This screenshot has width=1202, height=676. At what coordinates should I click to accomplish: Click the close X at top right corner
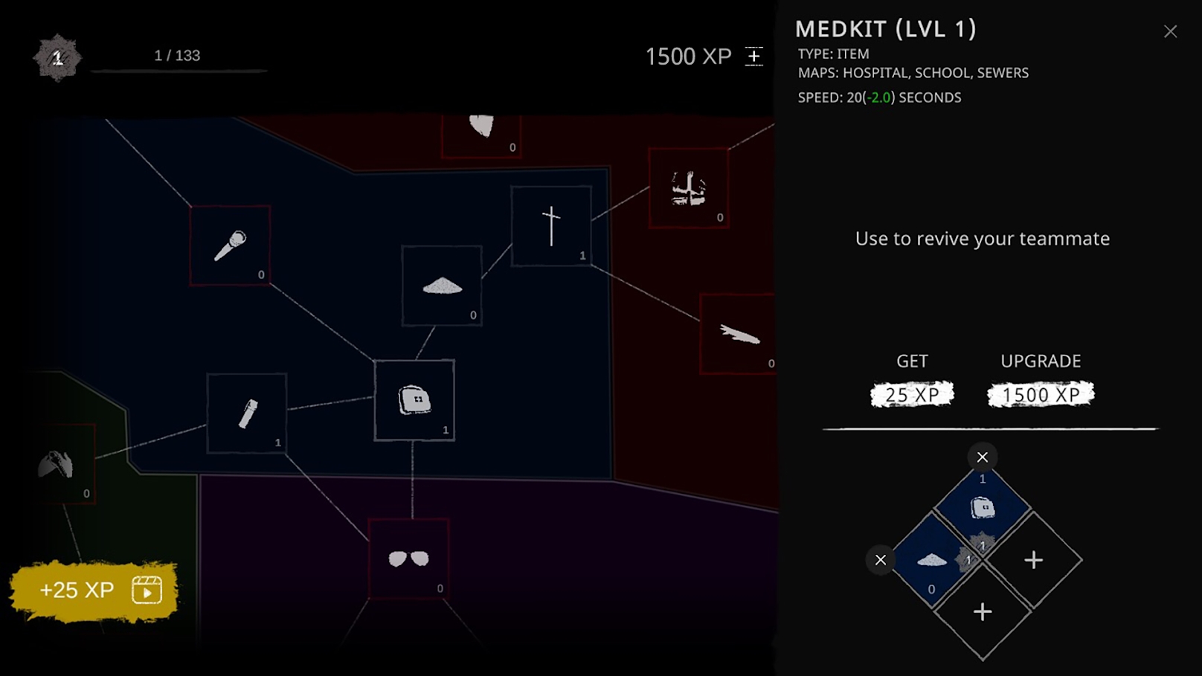click(1170, 31)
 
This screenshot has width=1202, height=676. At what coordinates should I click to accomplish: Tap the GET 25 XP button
click(912, 395)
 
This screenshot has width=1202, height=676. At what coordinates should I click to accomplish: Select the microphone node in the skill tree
click(230, 245)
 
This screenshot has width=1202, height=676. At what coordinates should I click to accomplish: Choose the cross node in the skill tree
click(551, 226)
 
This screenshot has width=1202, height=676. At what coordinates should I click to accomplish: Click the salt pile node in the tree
click(442, 286)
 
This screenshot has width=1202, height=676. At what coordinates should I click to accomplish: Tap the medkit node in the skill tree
click(414, 400)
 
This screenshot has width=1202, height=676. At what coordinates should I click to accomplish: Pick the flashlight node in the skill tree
click(247, 413)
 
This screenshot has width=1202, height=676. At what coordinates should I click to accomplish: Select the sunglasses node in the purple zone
click(408, 558)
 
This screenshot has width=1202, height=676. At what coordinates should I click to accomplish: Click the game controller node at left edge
click(57, 466)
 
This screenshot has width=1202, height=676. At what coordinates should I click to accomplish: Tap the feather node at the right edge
click(739, 334)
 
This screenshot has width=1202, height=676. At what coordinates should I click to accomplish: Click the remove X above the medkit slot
click(982, 457)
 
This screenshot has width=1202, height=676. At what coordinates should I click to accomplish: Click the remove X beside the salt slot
click(881, 560)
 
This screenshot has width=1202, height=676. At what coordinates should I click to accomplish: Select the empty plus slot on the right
click(1033, 560)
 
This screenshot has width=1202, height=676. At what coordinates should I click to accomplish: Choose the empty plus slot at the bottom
click(983, 611)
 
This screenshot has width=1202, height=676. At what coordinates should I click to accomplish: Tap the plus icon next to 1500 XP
click(753, 57)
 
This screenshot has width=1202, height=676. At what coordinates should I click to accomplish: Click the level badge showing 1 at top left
click(57, 57)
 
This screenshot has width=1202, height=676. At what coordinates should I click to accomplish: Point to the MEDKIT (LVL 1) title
click(885, 29)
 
